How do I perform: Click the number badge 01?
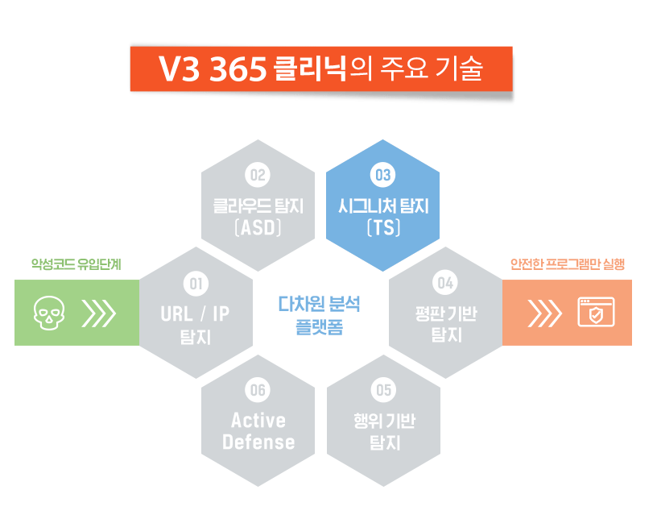(x=195, y=283)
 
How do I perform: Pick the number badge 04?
(x=445, y=283)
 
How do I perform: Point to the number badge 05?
(x=383, y=390)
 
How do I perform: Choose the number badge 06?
(x=258, y=390)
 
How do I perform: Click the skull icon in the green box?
(x=48, y=313)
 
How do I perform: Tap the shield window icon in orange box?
(x=596, y=313)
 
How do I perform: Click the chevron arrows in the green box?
(x=99, y=313)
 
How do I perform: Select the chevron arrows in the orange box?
(x=544, y=313)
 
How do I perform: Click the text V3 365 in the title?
(x=213, y=70)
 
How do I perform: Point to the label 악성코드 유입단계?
(x=76, y=264)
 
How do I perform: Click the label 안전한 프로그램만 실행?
(x=568, y=264)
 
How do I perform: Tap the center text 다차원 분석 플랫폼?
(x=320, y=315)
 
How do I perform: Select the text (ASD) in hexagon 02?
(x=258, y=227)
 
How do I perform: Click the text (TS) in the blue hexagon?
(x=383, y=227)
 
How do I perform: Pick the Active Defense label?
(x=258, y=431)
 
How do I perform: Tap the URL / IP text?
(x=195, y=313)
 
